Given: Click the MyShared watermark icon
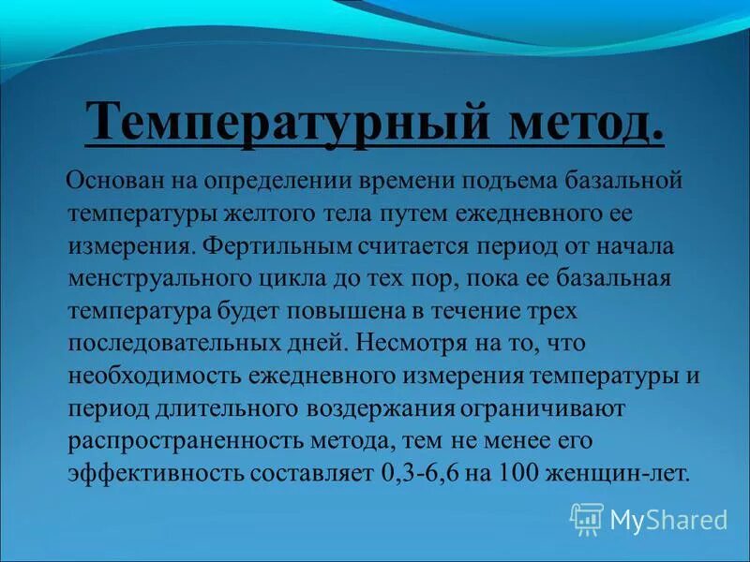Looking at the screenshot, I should tap(587, 518).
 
